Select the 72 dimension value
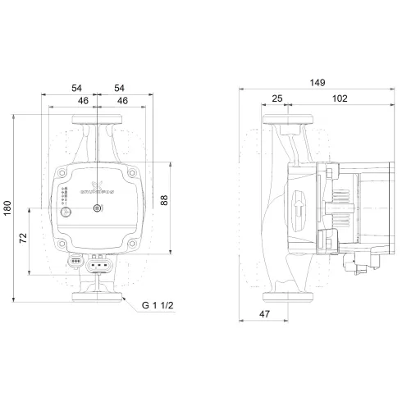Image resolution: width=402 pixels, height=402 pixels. (x=24, y=240)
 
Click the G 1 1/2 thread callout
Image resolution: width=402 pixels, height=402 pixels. (x=159, y=307)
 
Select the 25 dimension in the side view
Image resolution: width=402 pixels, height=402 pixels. (x=276, y=98)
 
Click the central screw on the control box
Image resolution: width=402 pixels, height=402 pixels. (x=98, y=208)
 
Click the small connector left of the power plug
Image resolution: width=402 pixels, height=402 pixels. (x=75, y=263)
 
